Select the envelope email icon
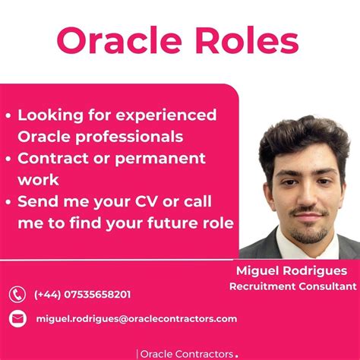[17, 319]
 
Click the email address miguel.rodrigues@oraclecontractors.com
[136, 319]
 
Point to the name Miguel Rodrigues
[292, 271]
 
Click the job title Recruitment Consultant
[292, 286]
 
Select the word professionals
[133, 137]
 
